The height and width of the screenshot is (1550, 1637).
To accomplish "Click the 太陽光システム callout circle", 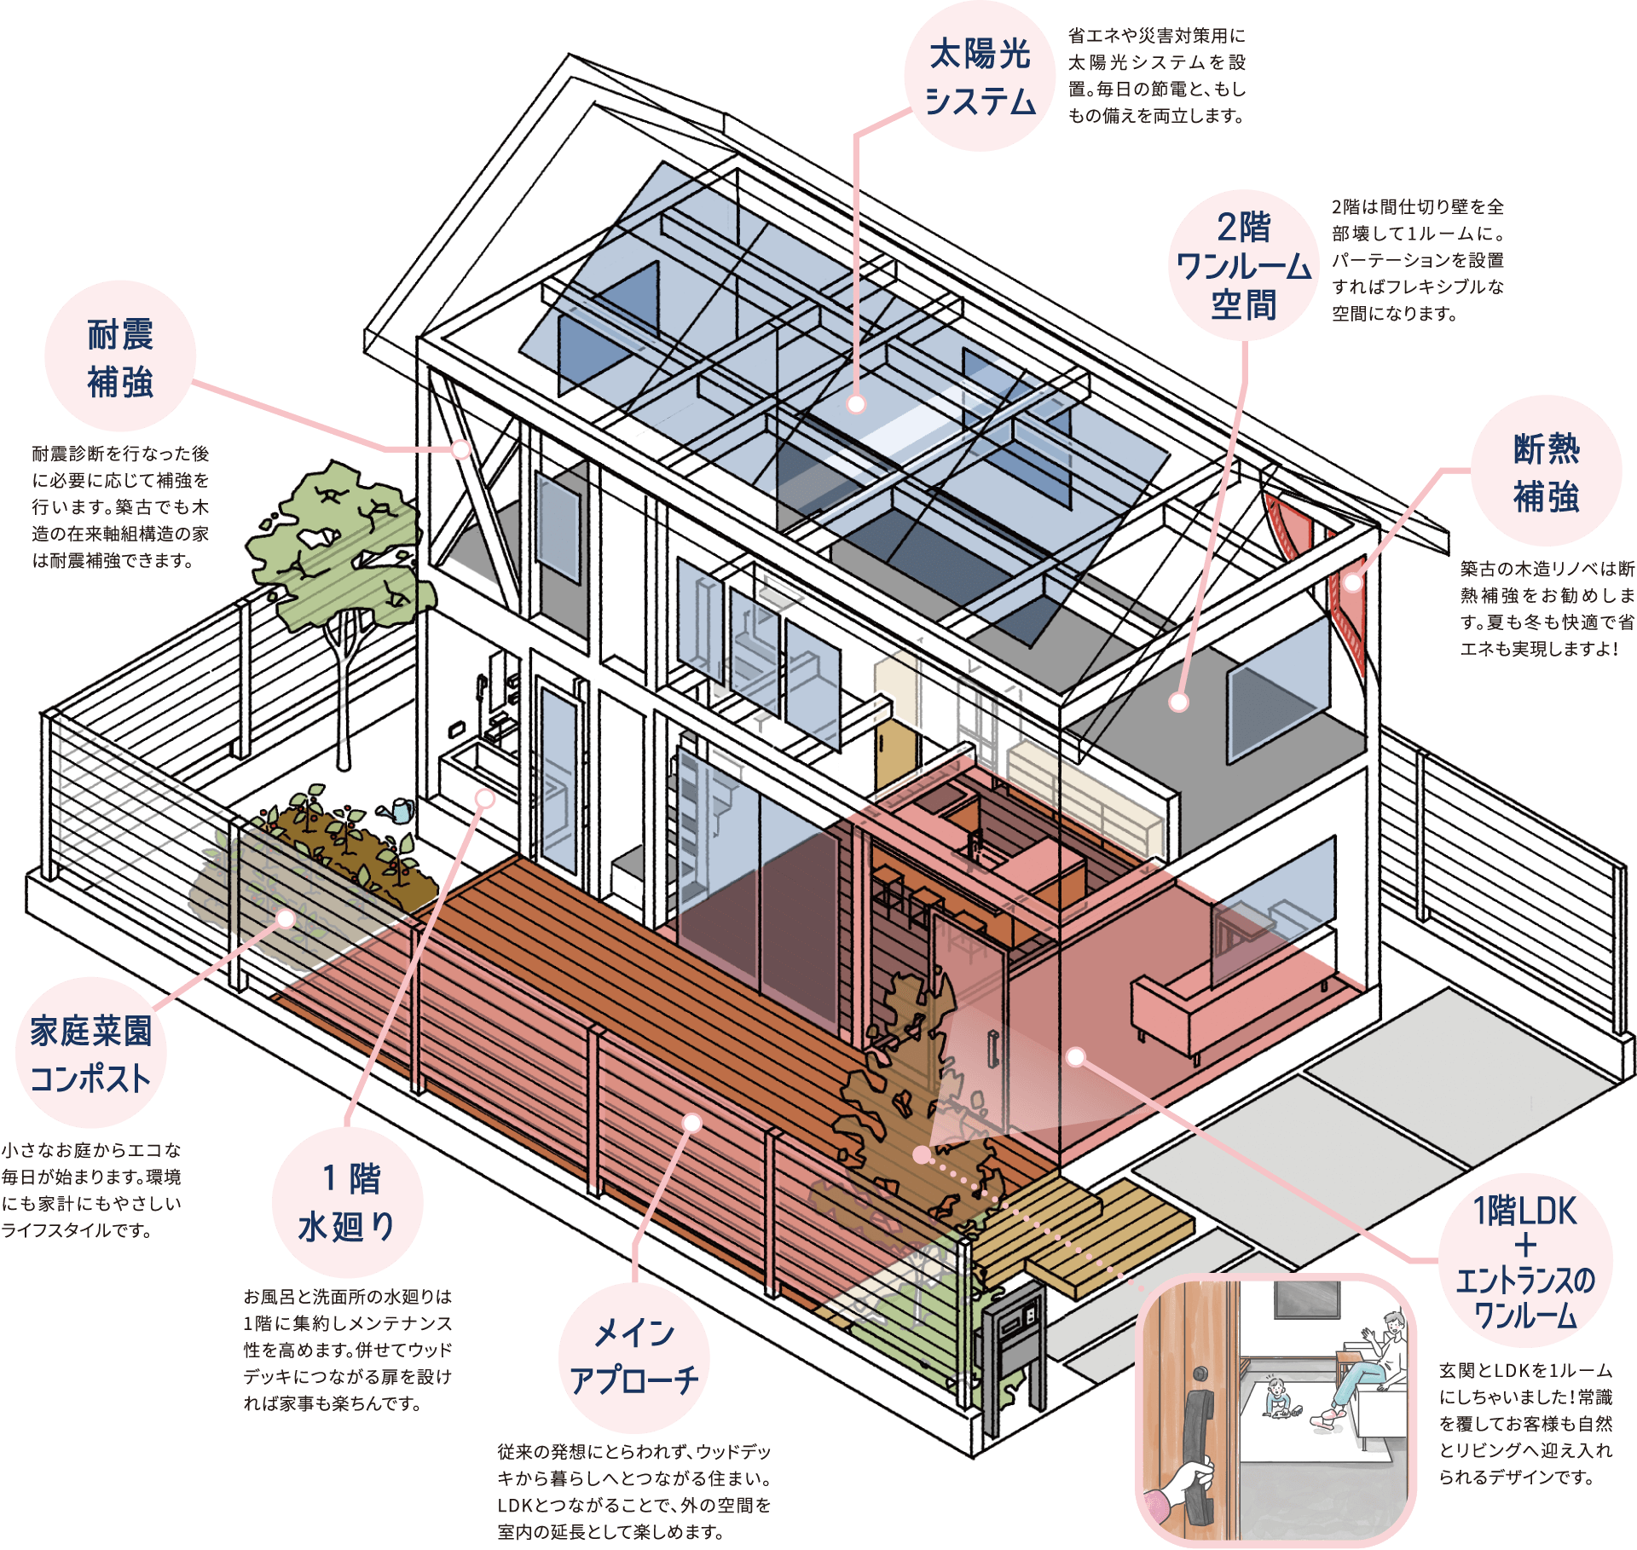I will (x=980, y=77).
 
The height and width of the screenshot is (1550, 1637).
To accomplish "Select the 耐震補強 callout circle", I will (x=120, y=356).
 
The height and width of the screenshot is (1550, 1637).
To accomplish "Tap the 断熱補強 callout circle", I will (x=1546, y=471).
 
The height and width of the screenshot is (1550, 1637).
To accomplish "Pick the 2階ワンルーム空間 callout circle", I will (x=1243, y=265).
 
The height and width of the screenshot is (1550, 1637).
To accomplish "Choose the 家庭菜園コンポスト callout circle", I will (x=91, y=1053).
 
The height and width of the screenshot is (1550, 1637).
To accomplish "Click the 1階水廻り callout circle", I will (x=347, y=1202).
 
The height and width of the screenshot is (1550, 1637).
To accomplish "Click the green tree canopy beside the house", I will (x=341, y=546).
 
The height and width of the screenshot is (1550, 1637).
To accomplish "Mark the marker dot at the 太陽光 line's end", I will (x=857, y=404).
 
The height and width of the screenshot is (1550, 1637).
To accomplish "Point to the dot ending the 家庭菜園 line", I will (x=286, y=918).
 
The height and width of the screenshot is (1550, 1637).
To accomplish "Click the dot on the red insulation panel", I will (x=1353, y=583).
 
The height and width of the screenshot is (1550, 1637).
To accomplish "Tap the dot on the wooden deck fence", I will (x=692, y=1124).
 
